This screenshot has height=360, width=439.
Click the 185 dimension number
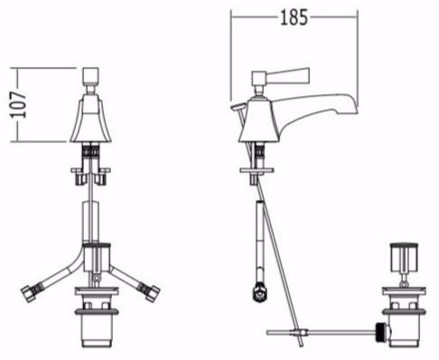294,17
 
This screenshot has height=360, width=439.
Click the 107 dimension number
18,105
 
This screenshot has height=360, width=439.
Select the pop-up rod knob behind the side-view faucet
238,106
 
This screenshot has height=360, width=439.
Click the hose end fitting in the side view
259,291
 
